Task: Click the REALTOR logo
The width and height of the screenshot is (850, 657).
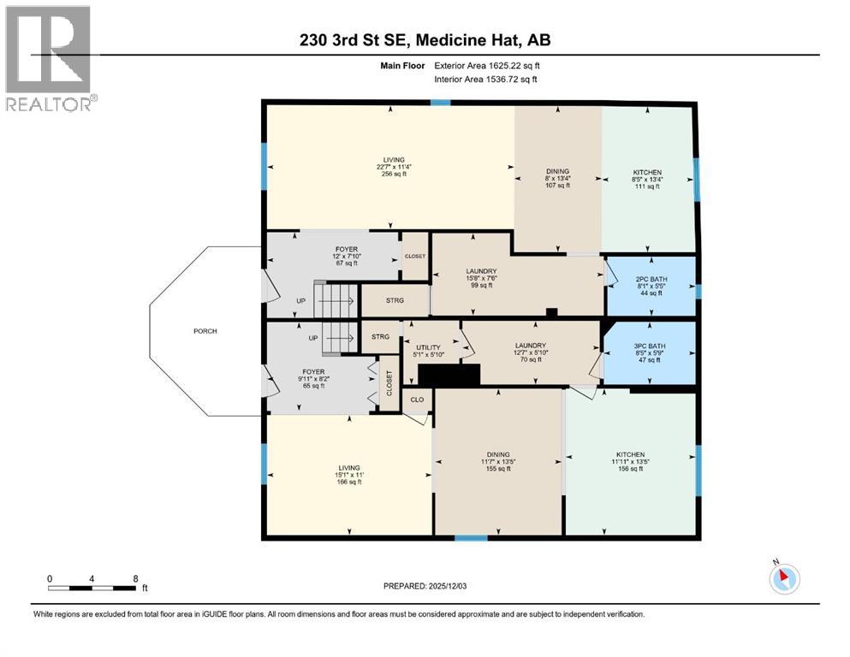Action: click(51, 58)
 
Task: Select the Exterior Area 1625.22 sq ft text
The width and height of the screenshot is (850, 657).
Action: click(487, 66)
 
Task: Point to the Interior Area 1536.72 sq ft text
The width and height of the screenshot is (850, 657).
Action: click(485, 79)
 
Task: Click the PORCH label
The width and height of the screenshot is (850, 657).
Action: click(205, 331)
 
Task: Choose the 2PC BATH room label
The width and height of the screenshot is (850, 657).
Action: click(651, 280)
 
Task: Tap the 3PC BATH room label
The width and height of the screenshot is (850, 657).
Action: click(650, 346)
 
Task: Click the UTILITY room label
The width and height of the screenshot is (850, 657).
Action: click(428, 347)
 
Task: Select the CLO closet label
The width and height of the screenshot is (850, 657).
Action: click(417, 400)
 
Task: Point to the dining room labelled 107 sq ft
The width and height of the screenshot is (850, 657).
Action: click(558, 178)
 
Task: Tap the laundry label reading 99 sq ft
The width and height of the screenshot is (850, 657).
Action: click(481, 278)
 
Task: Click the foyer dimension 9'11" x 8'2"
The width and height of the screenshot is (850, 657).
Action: click(314, 379)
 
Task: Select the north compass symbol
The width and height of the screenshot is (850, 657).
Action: click(784, 577)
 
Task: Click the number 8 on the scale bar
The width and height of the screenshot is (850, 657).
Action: click(135, 578)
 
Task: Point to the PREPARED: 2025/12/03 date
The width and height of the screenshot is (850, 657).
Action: click(425, 586)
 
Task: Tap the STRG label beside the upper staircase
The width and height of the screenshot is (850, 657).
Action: click(395, 300)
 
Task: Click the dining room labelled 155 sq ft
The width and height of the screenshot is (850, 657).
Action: click(498, 461)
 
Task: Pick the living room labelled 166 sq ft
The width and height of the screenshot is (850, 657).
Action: click(349, 475)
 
